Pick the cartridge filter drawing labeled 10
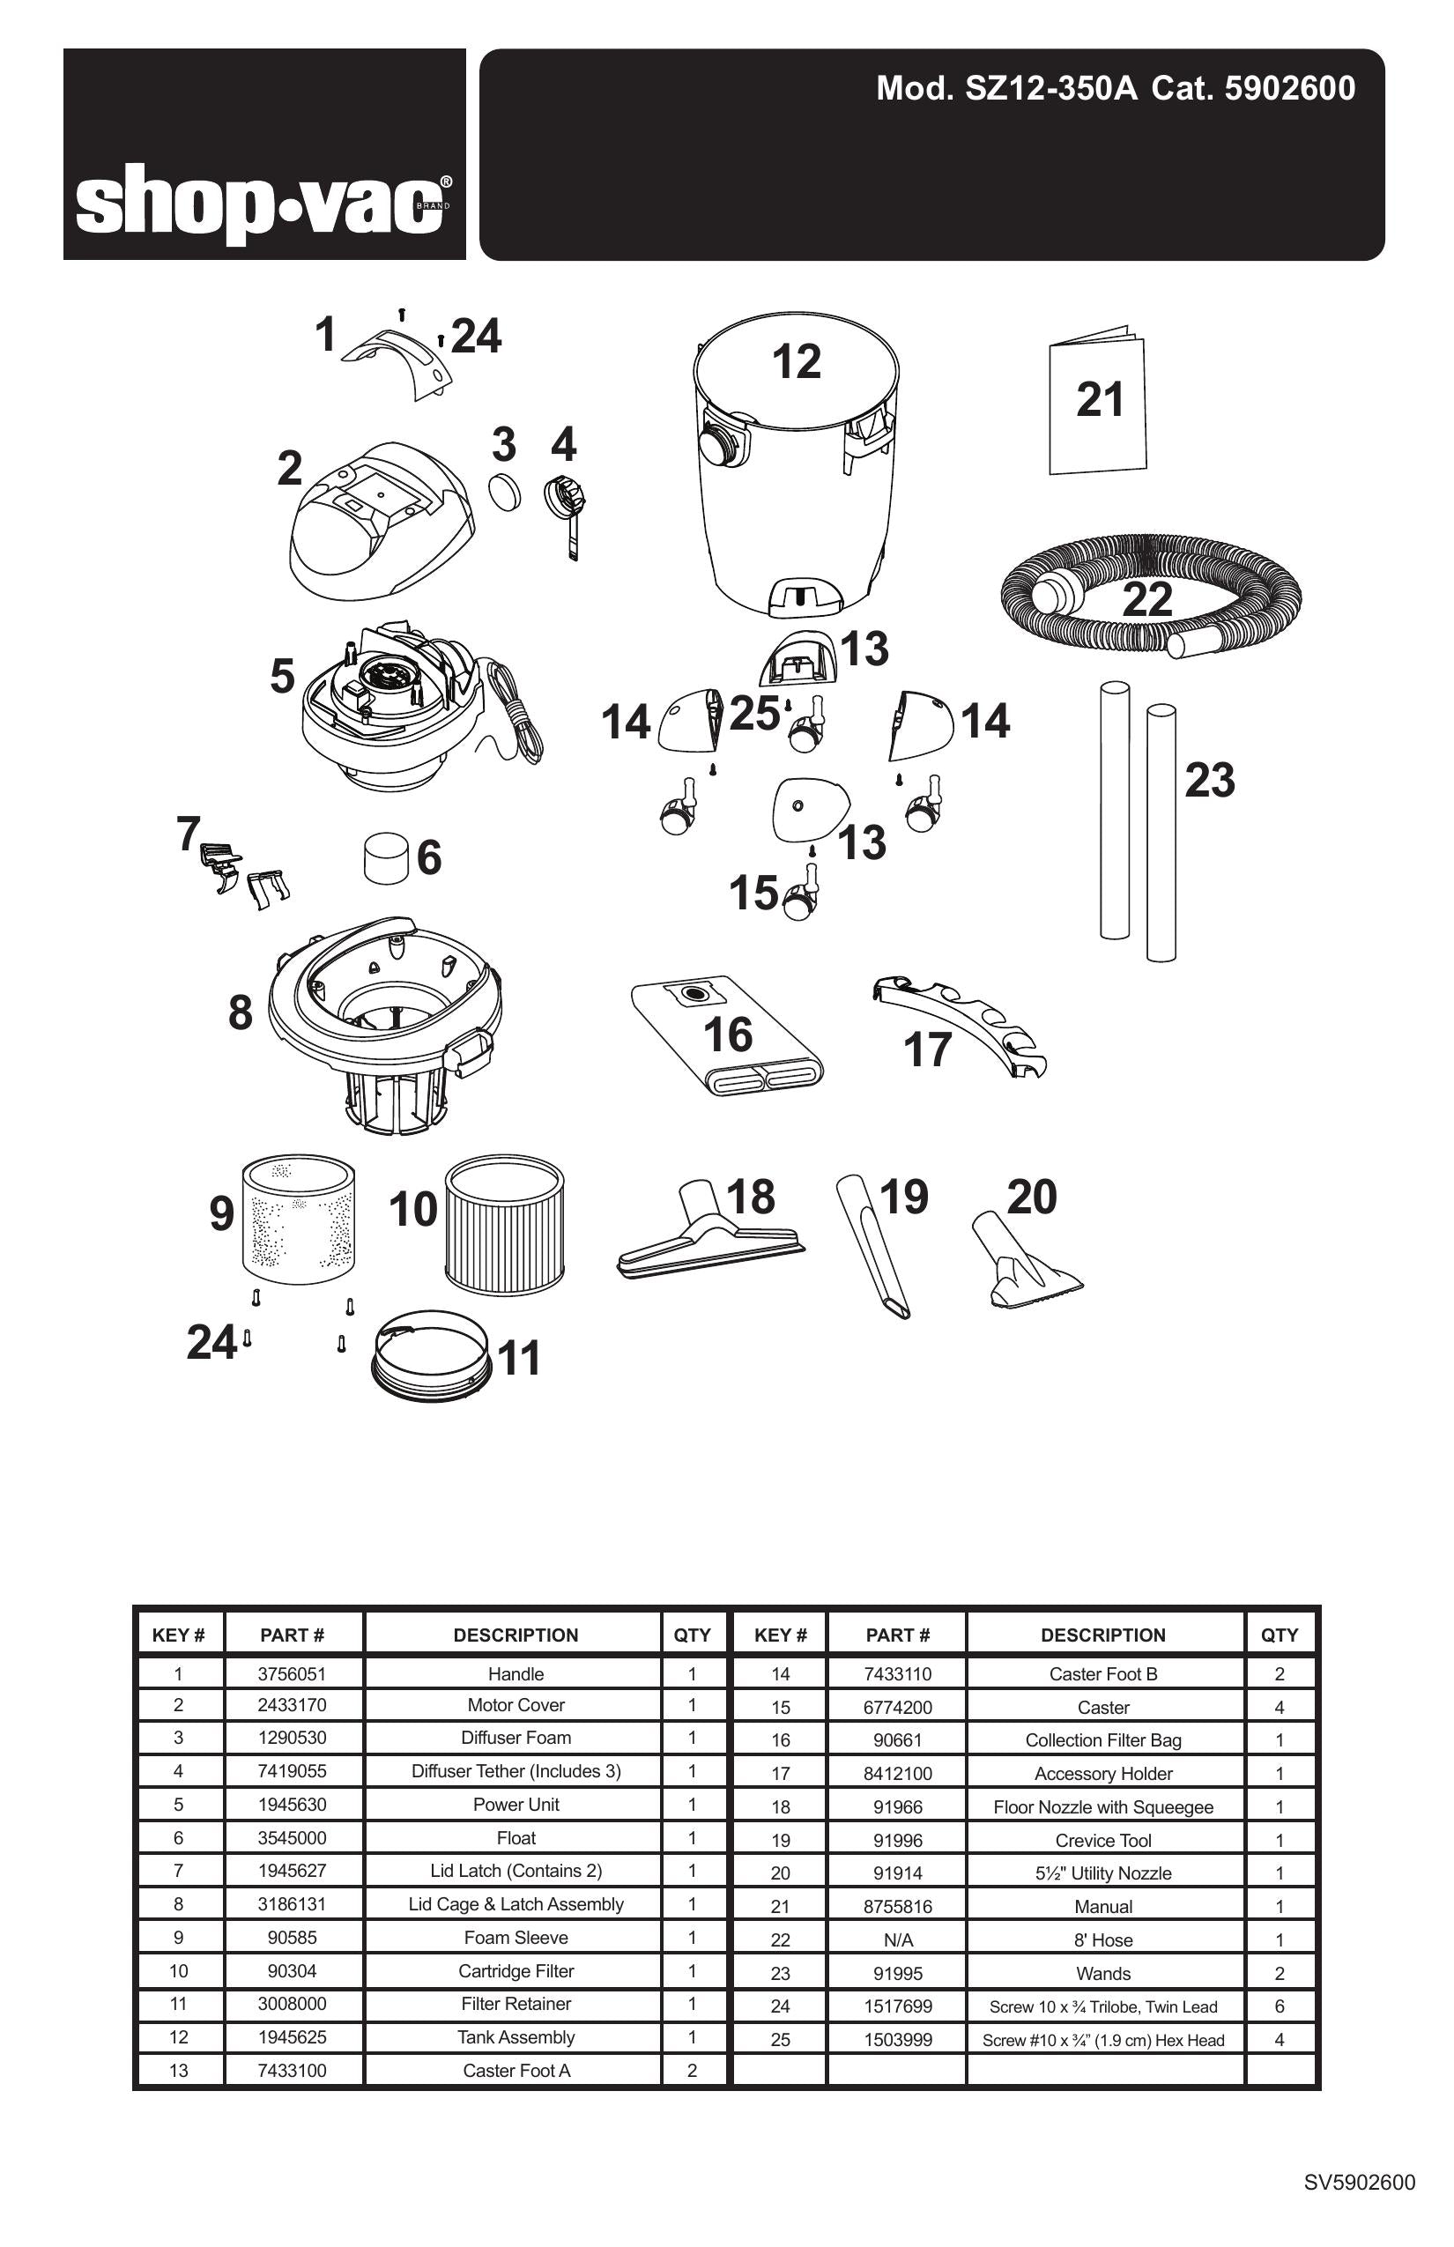504,1227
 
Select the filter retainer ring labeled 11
434,1356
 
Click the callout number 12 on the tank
796,361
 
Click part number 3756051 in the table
292,1674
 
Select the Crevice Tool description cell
1102,1840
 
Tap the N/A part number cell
897,1940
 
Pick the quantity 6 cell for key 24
1279,2006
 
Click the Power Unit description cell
516,1805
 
